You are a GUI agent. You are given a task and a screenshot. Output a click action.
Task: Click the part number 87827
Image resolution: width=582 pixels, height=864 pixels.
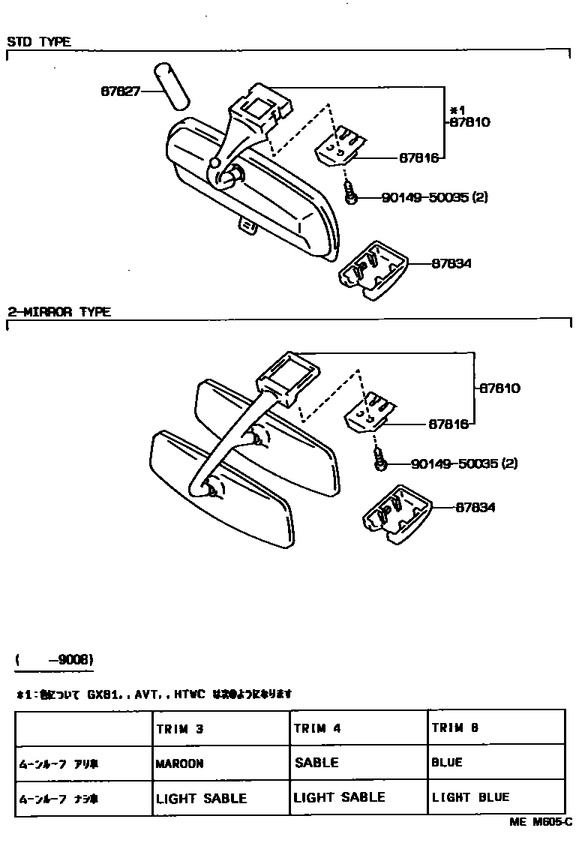(120, 91)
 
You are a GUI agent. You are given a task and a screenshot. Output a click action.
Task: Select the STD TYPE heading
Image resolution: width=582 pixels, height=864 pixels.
(39, 42)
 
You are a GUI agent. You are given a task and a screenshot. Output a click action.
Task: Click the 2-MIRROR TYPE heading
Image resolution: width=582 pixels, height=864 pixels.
(59, 312)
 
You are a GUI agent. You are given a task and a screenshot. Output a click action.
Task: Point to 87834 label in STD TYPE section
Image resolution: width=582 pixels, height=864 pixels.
(451, 263)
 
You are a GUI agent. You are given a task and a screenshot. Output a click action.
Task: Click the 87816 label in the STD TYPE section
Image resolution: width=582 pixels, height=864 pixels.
(418, 158)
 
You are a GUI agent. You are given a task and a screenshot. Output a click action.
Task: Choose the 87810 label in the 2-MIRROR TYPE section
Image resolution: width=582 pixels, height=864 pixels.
(499, 388)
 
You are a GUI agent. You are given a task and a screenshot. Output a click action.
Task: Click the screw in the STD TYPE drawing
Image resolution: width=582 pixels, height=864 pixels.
(350, 193)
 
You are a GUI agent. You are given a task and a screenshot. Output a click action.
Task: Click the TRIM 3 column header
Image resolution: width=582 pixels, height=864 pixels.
(180, 728)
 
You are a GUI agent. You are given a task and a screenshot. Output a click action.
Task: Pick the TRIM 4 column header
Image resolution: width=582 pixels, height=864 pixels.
(317, 728)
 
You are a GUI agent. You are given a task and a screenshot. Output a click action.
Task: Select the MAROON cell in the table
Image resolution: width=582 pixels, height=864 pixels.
(180, 763)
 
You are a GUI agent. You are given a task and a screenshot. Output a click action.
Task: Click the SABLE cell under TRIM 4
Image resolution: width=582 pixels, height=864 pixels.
(316, 763)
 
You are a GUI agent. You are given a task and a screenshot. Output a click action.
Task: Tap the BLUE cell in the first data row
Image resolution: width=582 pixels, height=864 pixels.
(447, 763)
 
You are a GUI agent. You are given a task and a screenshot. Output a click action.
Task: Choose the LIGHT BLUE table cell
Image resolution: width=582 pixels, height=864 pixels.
(470, 797)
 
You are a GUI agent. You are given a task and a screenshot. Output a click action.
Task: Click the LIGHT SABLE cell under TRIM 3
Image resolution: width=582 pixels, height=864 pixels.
(201, 799)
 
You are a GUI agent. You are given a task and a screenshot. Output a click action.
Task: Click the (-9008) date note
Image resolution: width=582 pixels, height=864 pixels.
(54, 660)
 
